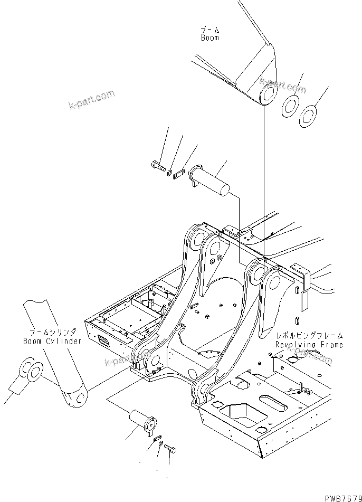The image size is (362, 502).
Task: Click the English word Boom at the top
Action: pyautogui.click(x=209, y=38)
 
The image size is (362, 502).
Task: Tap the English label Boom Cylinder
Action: pyautogui.click(x=52, y=341)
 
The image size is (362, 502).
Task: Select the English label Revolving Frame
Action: pyautogui.click(x=309, y=345)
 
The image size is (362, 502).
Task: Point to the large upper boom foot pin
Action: pyautogui.click(x=212, y=179)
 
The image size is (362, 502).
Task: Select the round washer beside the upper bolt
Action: pyautogui.click(x=169, y=171)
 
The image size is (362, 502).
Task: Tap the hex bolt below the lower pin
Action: pyautogui.click(x=170, y=449)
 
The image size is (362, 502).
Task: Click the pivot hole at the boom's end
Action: pyautogui.click(x=268, y=95)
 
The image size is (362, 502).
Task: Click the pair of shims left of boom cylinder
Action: pyautogui.click(x=31, y=372)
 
